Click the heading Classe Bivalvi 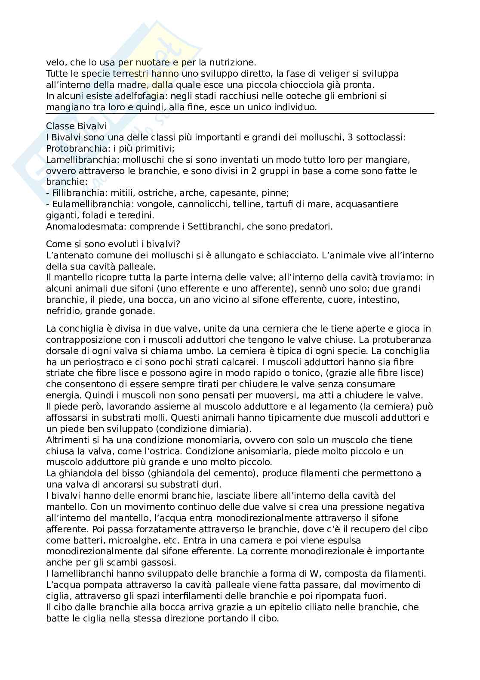[76, 126]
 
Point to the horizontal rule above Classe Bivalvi [240, 114]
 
